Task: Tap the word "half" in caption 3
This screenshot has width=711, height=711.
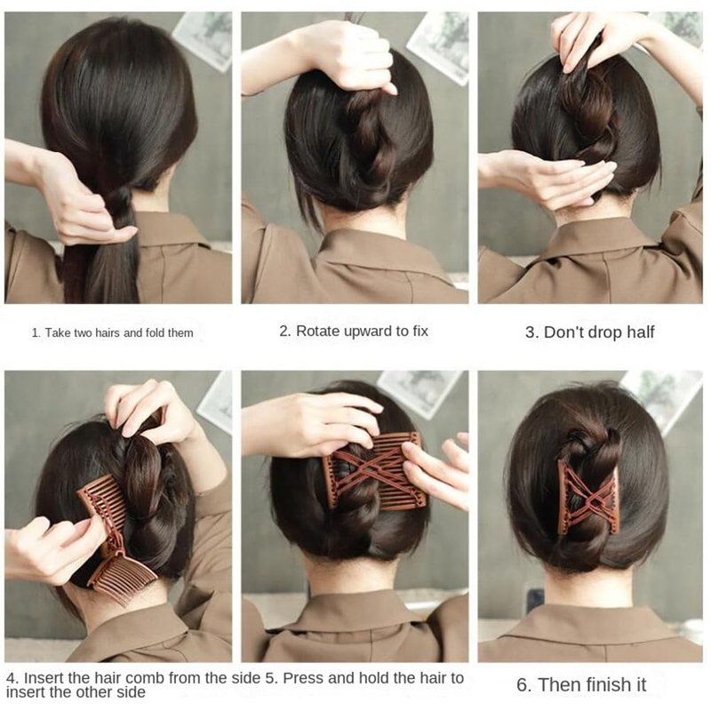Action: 640,332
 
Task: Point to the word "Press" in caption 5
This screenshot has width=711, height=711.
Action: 302,678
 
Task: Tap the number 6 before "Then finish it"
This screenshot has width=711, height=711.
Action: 523,684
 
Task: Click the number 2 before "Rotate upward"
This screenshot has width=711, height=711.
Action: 284,331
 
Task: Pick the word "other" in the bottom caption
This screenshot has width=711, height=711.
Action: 92,692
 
